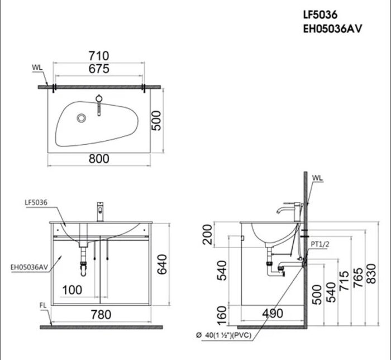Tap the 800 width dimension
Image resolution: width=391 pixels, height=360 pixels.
(99, 159)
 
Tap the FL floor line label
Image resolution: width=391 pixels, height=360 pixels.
(43, 305)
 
